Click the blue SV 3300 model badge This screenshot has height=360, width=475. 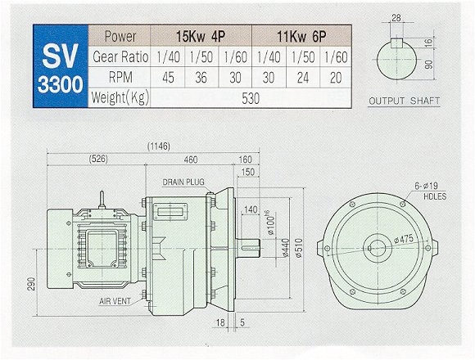pyautogui.click(x=61, y=66)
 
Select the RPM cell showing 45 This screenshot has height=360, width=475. pyautogui.click(x=168, y=78)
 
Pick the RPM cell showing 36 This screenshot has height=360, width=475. pyautogui.click(x=201, y=78)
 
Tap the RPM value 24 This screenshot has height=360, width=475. pyautogui.click(x=303, y=78)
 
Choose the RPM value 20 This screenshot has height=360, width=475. pyautogui.click(x=336, y=78)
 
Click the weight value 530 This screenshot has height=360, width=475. pyautogui.click(x=251, y=98)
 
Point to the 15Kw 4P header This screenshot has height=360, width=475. pyautogui.click(x=201, y=37)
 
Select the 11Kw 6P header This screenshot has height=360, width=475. pyautogui.click(x=301, y=37)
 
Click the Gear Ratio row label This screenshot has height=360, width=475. pyautogui.click(x=120, y=57)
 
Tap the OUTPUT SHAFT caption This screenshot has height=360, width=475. pyautogui.click(x=405, y=101)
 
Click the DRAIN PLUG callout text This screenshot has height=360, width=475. pyautogui.click(x=183, y=182)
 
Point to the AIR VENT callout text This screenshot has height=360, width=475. pyautogui.click(x=115, y=301)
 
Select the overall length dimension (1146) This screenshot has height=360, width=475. pyautogui.click(x=159, y=146)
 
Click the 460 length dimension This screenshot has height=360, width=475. pyautogui.click(x=191, y=160)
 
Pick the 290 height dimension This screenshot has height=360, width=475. pyautogui.click(x=31, y=284)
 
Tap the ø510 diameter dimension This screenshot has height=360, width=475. pyautogui.click(x=299, y=248)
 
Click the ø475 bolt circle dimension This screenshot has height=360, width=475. pyautogui.click(x=404, y=239)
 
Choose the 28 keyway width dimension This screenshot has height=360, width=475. pyautogui.click(x=396, y=18)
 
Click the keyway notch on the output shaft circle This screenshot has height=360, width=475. pyautogui.click(x=396, y=43)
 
